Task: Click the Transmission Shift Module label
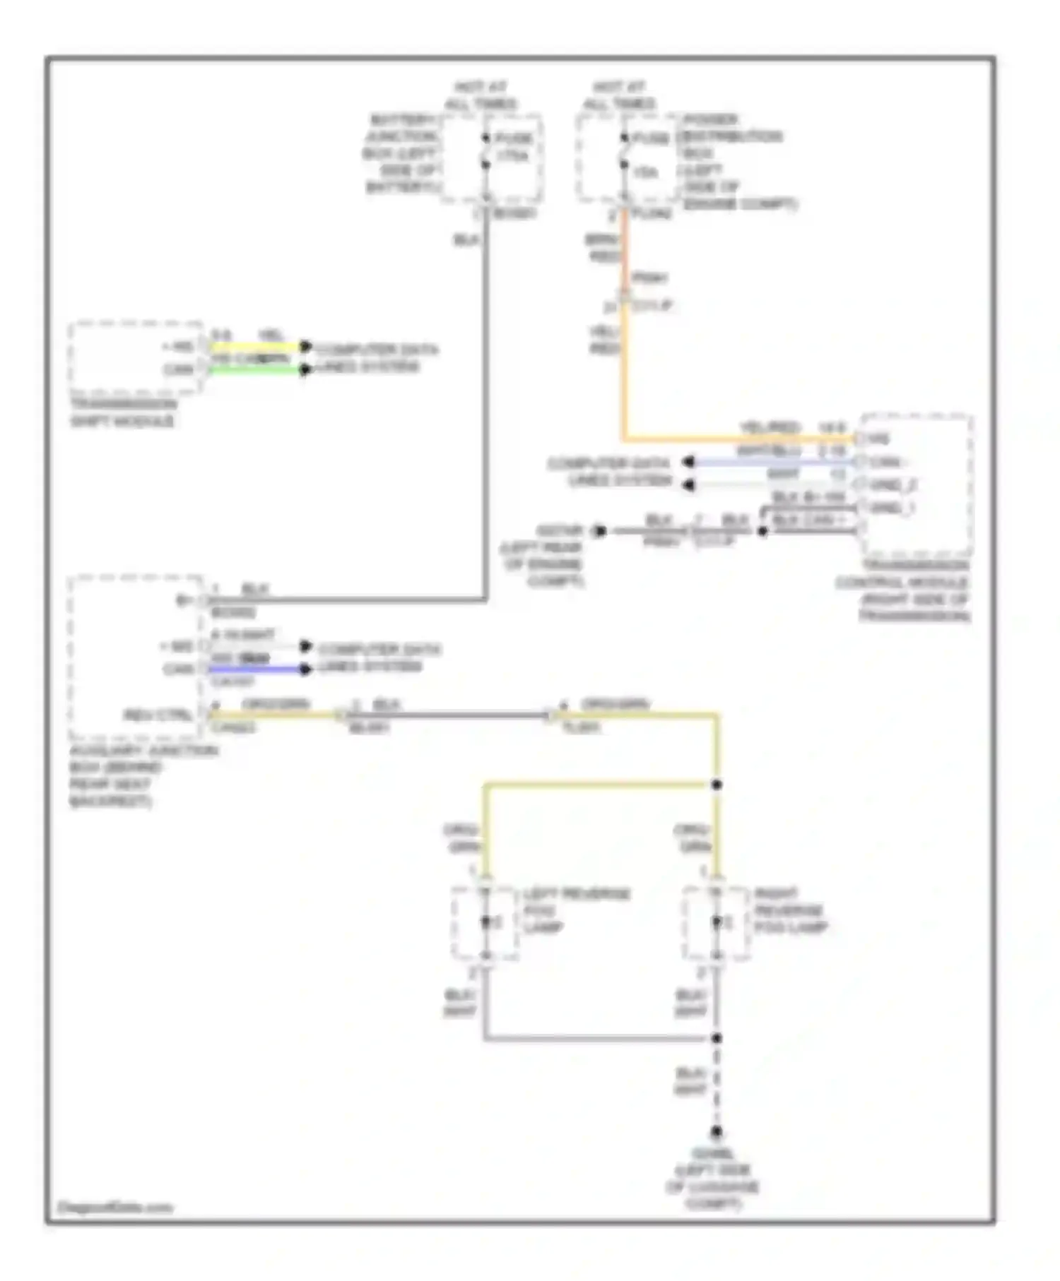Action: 122,412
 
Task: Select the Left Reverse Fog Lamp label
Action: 575,910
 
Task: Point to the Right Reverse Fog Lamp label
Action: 789,910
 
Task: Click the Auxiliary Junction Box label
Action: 141,775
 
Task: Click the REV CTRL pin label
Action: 159,715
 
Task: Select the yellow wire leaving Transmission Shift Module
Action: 254,347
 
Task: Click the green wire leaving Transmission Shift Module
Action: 254,370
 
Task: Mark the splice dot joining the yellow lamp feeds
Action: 717,785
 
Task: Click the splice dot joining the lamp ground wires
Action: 717,1038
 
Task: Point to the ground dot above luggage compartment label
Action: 717,1131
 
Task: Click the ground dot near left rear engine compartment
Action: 600,530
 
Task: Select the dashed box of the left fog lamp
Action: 485,923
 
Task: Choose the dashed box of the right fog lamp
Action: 716,923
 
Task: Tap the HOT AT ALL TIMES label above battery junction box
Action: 481,95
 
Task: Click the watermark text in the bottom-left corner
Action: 114,1207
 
